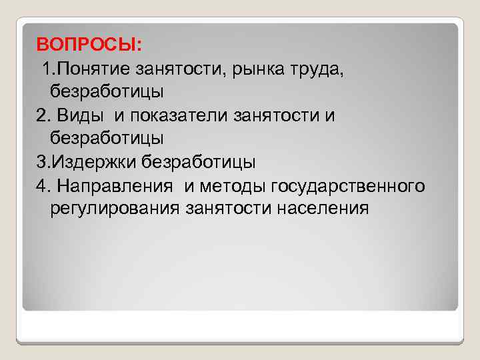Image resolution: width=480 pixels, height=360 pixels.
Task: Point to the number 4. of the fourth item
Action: pyautogui.click(x=43, y=185)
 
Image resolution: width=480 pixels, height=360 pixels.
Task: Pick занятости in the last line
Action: pyautogui.click(x=225, y=208)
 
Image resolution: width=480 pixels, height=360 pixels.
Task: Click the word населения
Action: pyautogui.click(x=321, y=208)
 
